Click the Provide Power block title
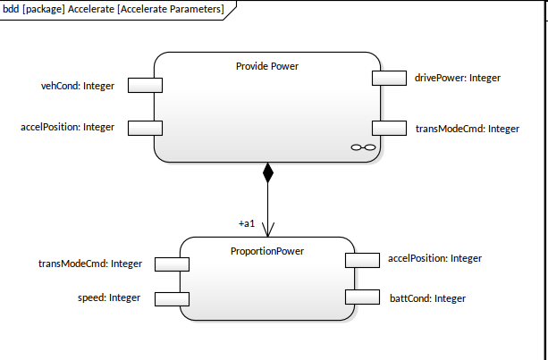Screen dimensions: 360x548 pyautogui.click(x=267, y=66)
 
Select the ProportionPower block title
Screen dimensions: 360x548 pyautogui.click(x=267, y=251)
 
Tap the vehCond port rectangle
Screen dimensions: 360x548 pyautogui.click(x=145, y=85)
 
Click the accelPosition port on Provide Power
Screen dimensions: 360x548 pyautogui.click(x=145, y=127)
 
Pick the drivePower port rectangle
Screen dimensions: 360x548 pyautogui.click(x=390, y=78)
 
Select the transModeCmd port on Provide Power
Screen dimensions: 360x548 pyautogui.click(x=390, y=128)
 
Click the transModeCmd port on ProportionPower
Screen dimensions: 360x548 pyautogui.click(x=172, y=264)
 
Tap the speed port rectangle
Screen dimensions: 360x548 pyautogui.click(x=172, y=297)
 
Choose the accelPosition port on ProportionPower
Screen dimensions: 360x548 pyautogui.click(x=363, y=259)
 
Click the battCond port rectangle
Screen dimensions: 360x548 pyautogui.click(x=363, y=297)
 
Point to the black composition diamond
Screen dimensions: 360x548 pyautogui.click(x=267, y=172)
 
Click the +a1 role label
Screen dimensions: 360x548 pyautogui.click(x=247, y=222)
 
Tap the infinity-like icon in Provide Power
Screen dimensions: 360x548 pyautogui.click(x=362, y=147)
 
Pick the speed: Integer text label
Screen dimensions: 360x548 pyautogui.click(x=109, y=297)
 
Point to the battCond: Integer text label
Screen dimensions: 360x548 pyautogui.click(x=427, y=297)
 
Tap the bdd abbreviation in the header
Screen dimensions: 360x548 pyautogui.click(x=12, y=10)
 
